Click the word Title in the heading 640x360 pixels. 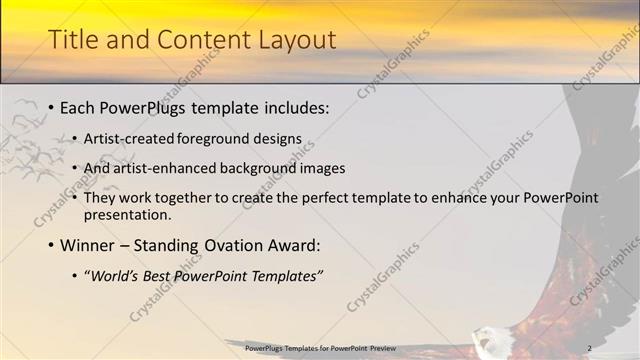coord(71,40)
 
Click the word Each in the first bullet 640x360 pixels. coord(78,108)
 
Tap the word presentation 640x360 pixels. coord(129,214)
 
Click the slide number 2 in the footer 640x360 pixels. coord(589,347)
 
